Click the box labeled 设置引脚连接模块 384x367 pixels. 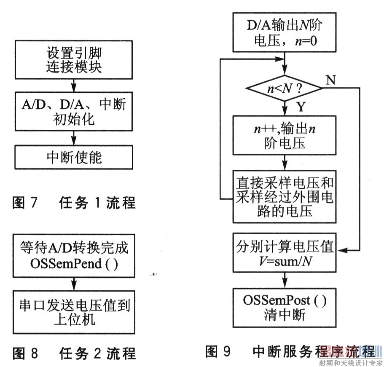(74, 60)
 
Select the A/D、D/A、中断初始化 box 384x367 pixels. (74, 111)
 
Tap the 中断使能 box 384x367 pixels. (74, 157)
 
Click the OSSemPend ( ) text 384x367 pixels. (74, 264)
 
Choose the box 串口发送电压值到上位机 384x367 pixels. (74, 312)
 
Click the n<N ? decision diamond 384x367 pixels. (285, 88)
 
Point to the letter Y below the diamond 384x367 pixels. (301, 107)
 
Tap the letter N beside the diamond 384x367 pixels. (330, 80)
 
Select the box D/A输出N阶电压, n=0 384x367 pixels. (285, 32)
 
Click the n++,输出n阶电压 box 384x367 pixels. (285, 135)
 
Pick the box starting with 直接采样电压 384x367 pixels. (285, 197)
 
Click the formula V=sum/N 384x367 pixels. (285, 262)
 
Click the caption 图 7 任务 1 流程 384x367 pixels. (74, 203)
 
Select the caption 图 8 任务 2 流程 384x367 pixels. (74, 353)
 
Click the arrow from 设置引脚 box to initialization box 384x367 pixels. (74, 86)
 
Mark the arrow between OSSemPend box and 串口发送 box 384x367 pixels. (74, 284)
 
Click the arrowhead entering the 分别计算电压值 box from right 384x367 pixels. (341, 250)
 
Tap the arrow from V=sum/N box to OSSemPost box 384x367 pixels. (285, 280)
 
